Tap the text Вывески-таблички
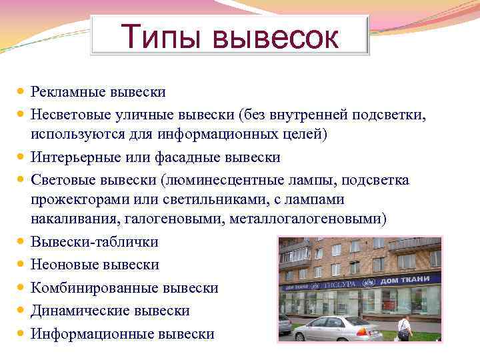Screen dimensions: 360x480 94,243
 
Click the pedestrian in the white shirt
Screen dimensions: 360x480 405,328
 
